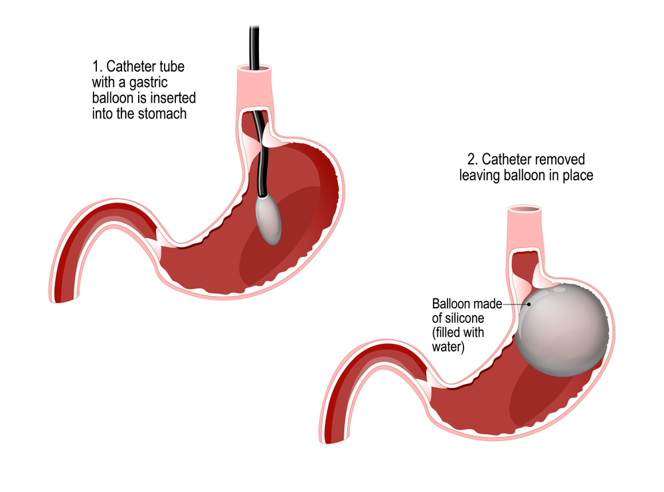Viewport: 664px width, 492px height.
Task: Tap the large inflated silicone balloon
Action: pos(562,329)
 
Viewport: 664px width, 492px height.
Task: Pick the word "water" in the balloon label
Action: pos(446,345)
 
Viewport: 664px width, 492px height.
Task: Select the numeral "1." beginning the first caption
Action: pos(97,67)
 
